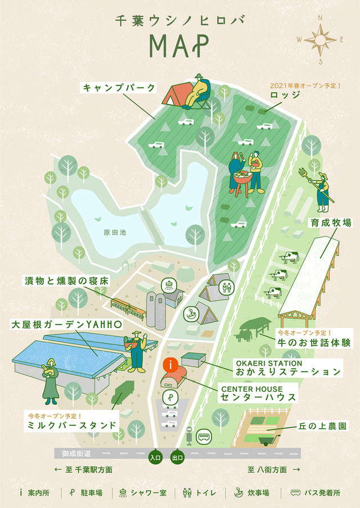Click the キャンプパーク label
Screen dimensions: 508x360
pos(119,88)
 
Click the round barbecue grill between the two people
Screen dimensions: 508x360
pos(242,179)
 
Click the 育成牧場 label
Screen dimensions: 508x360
pos(331,223)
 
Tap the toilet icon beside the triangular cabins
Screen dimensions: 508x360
pos(226,287)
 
